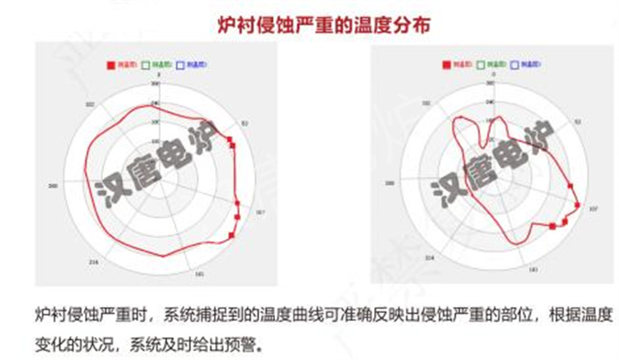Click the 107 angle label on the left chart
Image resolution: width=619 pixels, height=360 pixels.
pyautogui.click(x=261, y=212)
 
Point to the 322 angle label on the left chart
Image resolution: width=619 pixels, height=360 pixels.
pyautogui.click(x=90, y=105)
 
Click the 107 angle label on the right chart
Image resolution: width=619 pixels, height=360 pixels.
pyautogui.click(x=593, y=210)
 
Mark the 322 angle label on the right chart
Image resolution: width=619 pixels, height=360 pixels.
pyautogui.click(x=428, y=104)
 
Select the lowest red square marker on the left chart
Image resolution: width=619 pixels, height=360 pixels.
pyautogui.click(x=233, y=234)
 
